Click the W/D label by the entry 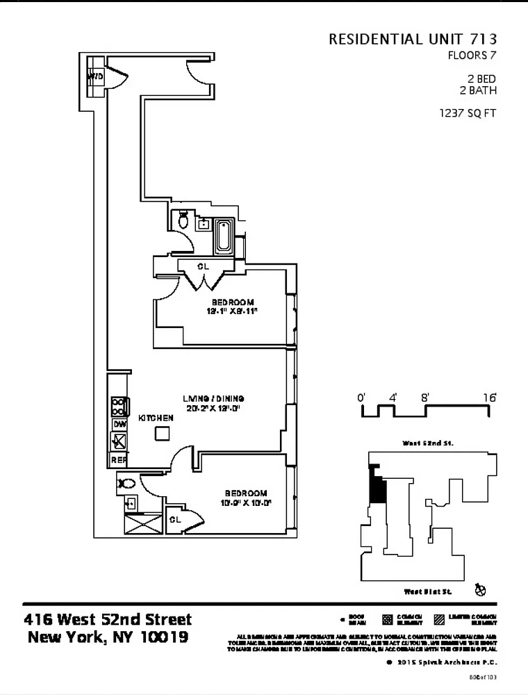click(95, 76)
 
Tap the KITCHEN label click(156, 418)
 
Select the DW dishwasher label click(119, 424)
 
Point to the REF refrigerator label click(119, 459)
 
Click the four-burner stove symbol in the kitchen click(119, 405)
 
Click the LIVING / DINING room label click(213, 398)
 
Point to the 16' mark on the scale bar click(490, 398)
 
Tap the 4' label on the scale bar click(393, 398)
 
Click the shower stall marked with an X click(142, 523)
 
